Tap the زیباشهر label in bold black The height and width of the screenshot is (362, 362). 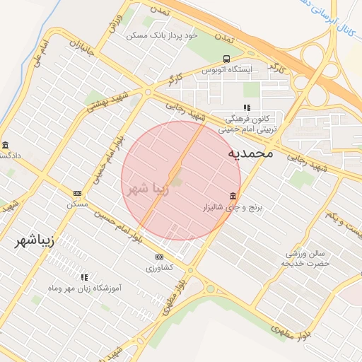tap(34, 240)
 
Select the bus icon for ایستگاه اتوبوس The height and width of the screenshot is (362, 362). tap(226, 59)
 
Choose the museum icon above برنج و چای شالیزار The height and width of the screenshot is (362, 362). tap(233, 196)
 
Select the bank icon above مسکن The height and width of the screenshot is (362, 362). tap(77, 193)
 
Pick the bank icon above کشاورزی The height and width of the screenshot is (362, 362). tap(159, 257)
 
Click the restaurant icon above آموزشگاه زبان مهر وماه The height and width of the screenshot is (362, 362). tap(84, 277)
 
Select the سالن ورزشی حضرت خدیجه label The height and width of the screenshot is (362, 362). tap(306, 257)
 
